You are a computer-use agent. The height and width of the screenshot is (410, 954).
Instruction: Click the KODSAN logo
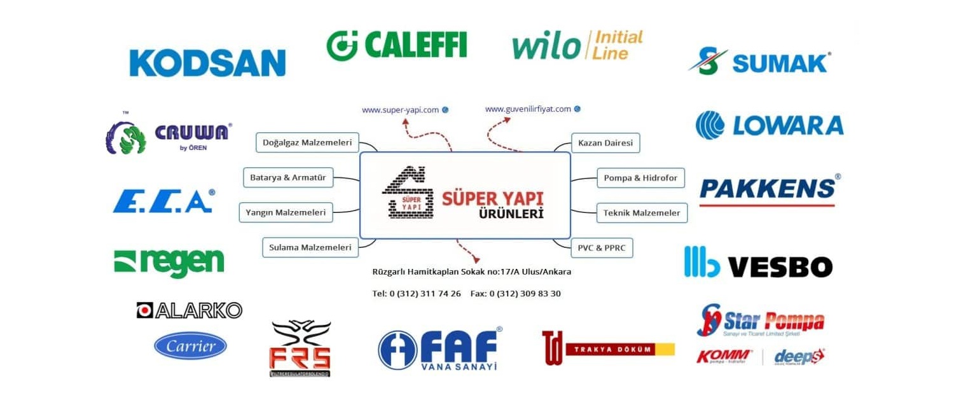pos(207,63)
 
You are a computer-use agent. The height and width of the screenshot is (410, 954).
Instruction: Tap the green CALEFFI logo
pos(397,45)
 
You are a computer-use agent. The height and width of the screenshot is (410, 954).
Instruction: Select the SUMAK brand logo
pos(760,62)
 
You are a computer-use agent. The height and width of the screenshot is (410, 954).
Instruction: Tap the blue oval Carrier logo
pos(190,346)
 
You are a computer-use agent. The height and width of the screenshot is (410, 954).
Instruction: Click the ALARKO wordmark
pos(190,310)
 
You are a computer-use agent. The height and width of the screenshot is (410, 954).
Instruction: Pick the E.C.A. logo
pos(163,201)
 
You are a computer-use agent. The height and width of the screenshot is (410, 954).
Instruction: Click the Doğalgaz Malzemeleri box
pos(307,142)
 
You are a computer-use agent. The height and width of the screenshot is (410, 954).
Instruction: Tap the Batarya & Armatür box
pos(288,177)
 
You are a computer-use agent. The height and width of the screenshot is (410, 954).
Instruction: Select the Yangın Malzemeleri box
pos(286,212)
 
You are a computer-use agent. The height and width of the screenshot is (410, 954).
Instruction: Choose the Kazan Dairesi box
pos(605,143)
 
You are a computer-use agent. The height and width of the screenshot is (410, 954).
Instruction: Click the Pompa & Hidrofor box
pos(640,178)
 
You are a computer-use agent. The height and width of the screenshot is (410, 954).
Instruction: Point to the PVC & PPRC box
pos(602,247)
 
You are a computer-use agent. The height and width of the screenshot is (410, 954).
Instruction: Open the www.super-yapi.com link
pos(401,110)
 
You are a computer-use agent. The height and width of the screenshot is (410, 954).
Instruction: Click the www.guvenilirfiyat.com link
pos(528,109)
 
